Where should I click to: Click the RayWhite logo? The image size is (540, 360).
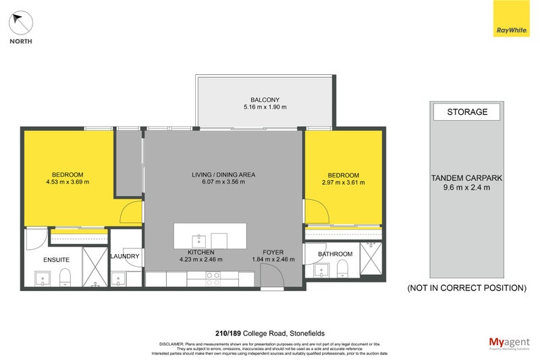(x=512, y=19)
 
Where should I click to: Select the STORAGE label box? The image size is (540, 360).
(x=467, y=112)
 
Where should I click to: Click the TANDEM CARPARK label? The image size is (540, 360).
(x=466, y=178)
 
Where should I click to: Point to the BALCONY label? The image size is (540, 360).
(x=265, y=99)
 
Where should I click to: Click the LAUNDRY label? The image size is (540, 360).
(x=125, y=257)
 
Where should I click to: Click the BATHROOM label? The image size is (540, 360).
(x=335, y=254)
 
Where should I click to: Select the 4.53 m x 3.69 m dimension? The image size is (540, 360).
(x=67, y=182)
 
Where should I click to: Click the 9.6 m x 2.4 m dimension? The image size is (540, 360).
(x=466, y=188)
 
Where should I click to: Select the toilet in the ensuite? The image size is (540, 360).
(x=65, y=277)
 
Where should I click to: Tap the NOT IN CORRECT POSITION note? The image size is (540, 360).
(x=466, y=288)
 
